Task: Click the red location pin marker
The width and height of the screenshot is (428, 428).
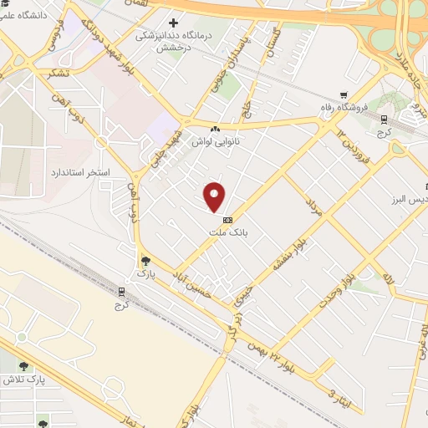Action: pyautogui.click(x=215, y=198)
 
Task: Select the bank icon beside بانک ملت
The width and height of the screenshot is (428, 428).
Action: pyautogui.click(x=227, y=219)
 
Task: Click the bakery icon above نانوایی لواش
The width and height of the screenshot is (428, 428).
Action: pyautogui.click(x=217, y=129)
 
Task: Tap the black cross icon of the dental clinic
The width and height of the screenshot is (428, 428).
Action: pyautogui.click(x=173, y=23)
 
